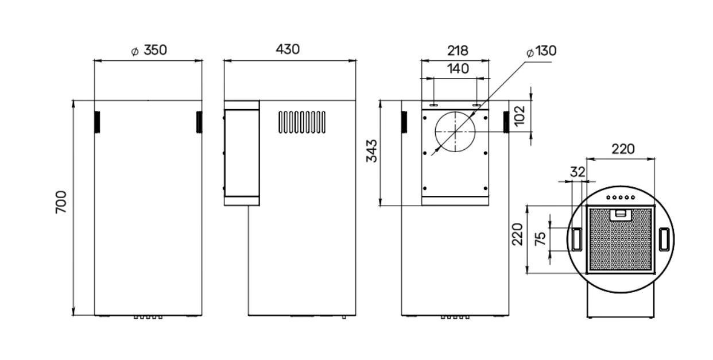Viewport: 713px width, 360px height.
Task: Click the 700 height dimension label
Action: pos(61,202)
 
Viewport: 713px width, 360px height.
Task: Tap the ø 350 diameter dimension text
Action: pos(149,50)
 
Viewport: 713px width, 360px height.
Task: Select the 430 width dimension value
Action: pos(288,49)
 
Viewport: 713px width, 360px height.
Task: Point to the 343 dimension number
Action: pos(371,150)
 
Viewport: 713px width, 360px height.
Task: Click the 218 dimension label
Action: pos(458,51)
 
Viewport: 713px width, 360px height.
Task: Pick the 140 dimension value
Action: pos(458,69)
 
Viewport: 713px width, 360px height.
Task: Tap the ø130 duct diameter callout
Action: pos(542,51)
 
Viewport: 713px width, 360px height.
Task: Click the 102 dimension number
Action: pos(520,116)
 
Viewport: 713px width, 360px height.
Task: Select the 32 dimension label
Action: pos(578,172)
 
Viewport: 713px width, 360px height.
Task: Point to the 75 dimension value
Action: pos(540,239)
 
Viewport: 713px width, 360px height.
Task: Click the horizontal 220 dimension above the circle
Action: pos(623,149)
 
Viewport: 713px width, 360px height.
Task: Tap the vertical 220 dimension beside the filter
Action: pos(517,234)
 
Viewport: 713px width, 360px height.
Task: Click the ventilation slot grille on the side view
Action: pos(302,122)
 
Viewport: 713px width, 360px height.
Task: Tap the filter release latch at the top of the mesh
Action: pos(620,215)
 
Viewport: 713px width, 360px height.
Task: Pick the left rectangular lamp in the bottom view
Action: pos(577,239)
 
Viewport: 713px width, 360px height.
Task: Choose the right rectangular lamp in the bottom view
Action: pos(664,239)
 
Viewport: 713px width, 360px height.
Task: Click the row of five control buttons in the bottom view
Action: pos(621,198)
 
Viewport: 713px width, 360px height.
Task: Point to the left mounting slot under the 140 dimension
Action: pos(434,104)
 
